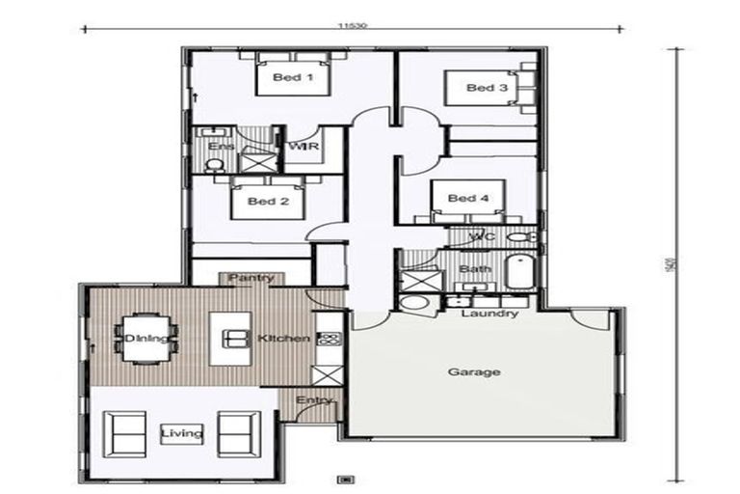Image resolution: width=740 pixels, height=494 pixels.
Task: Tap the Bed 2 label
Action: (x=269, y=202)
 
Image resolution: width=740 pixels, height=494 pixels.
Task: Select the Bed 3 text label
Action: (x=487, y=88)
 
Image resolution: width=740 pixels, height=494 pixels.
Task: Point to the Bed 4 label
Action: (x=469, y=199)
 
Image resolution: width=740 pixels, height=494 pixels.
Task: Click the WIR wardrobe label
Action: (x=304, y=148)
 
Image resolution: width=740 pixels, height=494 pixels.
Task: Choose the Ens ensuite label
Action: (x=221, y=148)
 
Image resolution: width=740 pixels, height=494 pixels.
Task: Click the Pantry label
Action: (x=251, y=279)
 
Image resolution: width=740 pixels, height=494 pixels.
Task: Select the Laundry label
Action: (x=489, y=314)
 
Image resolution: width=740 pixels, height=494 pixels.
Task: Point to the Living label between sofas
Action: (x=182, y=433)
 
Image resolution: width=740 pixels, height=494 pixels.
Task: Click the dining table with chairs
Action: (x=146, y=338)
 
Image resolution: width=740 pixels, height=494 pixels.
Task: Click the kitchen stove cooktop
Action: (x=330, y=338)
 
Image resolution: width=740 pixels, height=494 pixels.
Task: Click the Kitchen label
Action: (x=283, y=339)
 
